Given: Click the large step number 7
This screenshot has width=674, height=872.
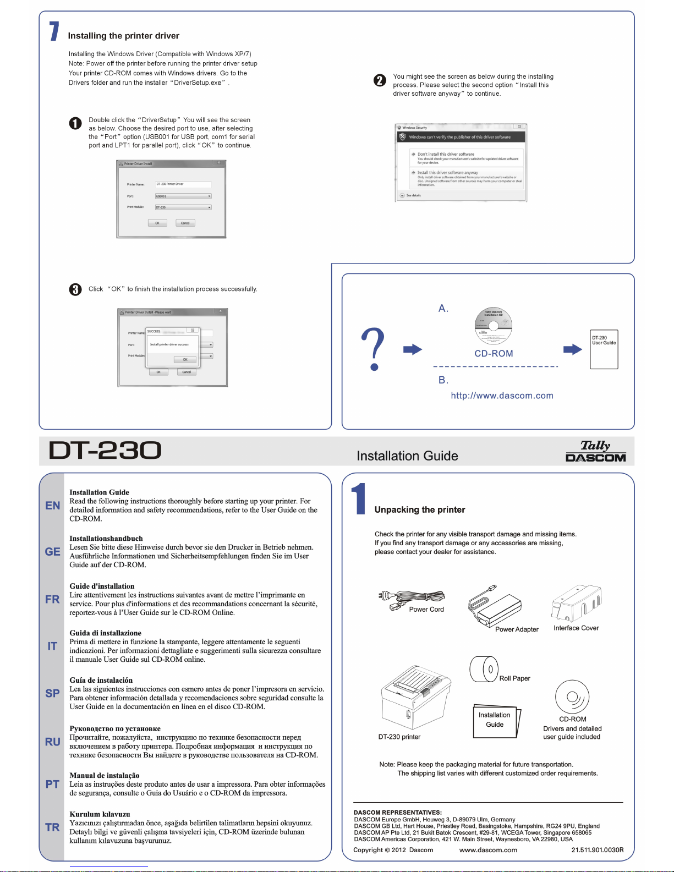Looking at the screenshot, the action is (x=54, y=31).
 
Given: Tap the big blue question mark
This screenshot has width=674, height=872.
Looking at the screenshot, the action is (x=374, y=348).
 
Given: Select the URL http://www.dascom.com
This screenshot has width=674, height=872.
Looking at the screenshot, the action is (x=502, y=396).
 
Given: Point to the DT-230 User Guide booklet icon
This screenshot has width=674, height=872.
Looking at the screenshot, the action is (x=604, y=349).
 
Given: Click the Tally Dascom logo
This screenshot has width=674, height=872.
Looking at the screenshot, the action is (x=595, y=451).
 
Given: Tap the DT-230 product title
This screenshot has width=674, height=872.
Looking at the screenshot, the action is (x=105, y=451).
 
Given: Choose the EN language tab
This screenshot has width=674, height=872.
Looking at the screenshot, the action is (x=52, y=506).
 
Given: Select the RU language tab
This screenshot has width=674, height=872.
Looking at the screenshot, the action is (x=52, y=742).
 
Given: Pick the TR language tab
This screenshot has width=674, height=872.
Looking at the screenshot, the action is (x=52, y=827).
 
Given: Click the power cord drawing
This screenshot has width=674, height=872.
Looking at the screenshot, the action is (x=412, y=599).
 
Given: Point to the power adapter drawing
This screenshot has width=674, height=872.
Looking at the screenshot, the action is (x=494, y=607).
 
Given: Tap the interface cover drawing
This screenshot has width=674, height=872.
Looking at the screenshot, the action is (x=576, y=604).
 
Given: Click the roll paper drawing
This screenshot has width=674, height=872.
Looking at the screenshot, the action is (x=484, y=669).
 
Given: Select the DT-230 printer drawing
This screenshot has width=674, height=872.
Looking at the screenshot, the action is (x=415, y=698).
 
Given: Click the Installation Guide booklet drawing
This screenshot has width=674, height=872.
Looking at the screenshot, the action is (x=496, y=721).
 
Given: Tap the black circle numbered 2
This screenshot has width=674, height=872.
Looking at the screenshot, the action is (x=380, y=80).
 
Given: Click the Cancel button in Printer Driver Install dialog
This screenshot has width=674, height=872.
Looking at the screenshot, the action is (x=185, y=223).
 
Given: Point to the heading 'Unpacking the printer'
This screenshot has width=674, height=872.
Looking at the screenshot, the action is (x=420, y=509).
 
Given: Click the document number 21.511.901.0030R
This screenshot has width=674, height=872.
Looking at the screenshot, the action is (x=597, y=850).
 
